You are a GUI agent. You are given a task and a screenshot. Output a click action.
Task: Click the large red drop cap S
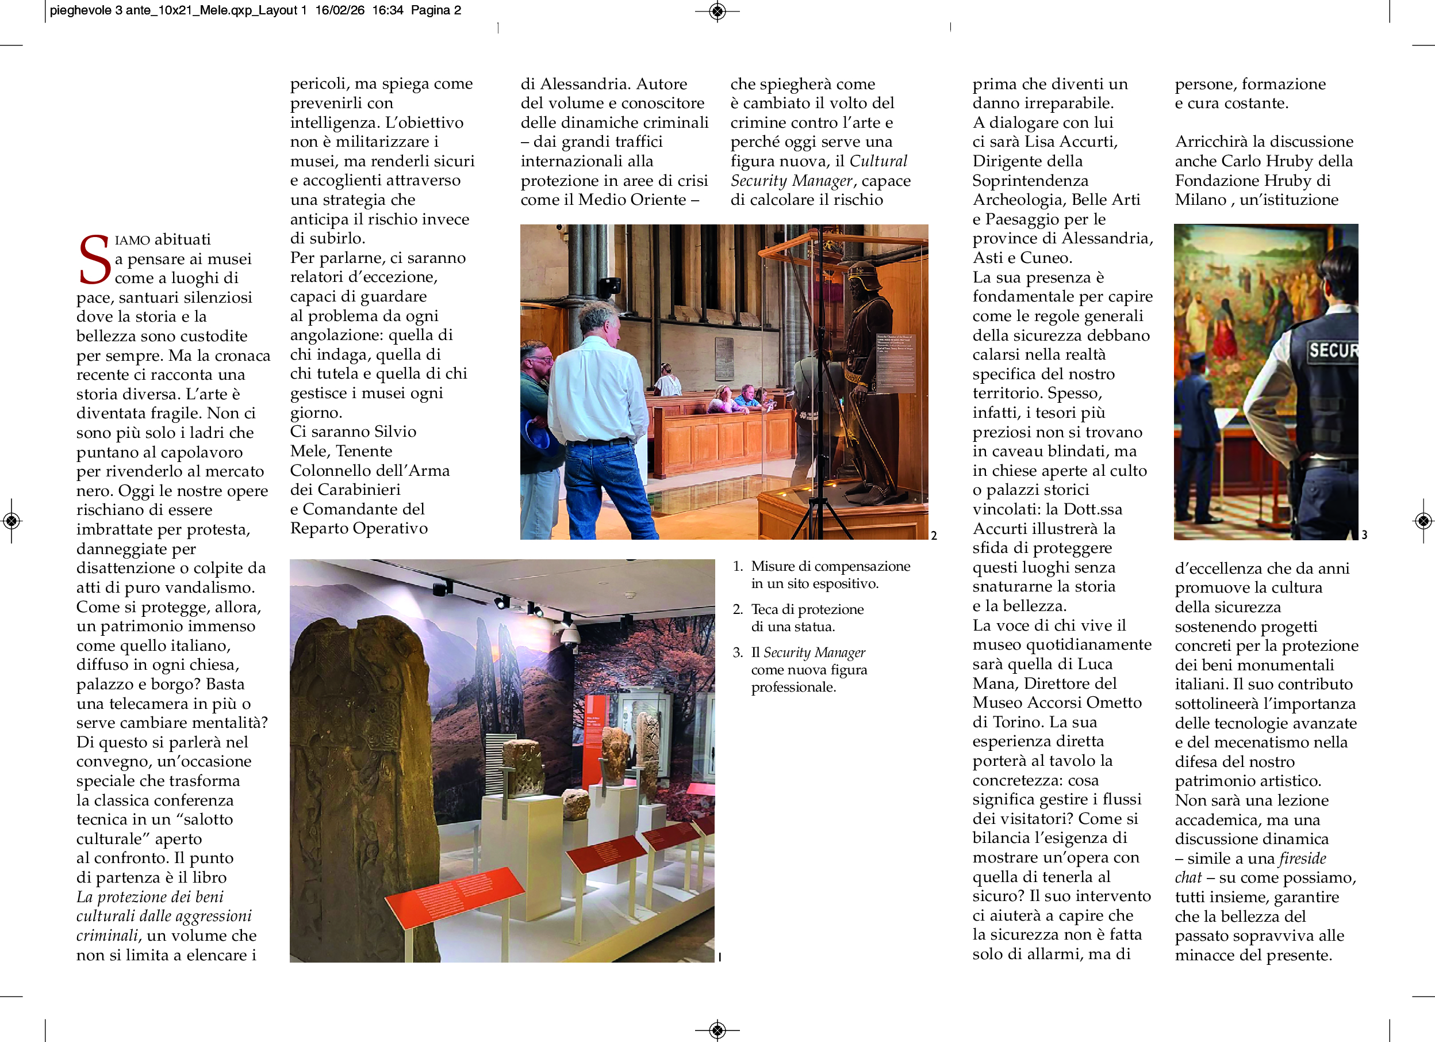pos(95,260)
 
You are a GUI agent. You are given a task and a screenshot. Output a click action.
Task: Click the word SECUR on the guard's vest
pos(1333,350)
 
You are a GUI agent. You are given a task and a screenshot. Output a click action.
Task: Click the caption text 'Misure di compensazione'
pos(830,566)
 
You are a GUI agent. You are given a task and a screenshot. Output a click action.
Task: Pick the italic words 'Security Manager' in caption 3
pos(814,652)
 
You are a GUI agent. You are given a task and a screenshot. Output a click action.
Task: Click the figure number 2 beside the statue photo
pos(933,536)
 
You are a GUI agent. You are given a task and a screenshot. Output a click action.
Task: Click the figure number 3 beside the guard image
pos(1364,535)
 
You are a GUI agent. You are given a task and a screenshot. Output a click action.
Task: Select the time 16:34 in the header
pos(387,11)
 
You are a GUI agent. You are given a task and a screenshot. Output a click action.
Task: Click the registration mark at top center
pos(717,11)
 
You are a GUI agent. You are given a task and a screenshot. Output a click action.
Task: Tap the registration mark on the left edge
pos(11,521)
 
